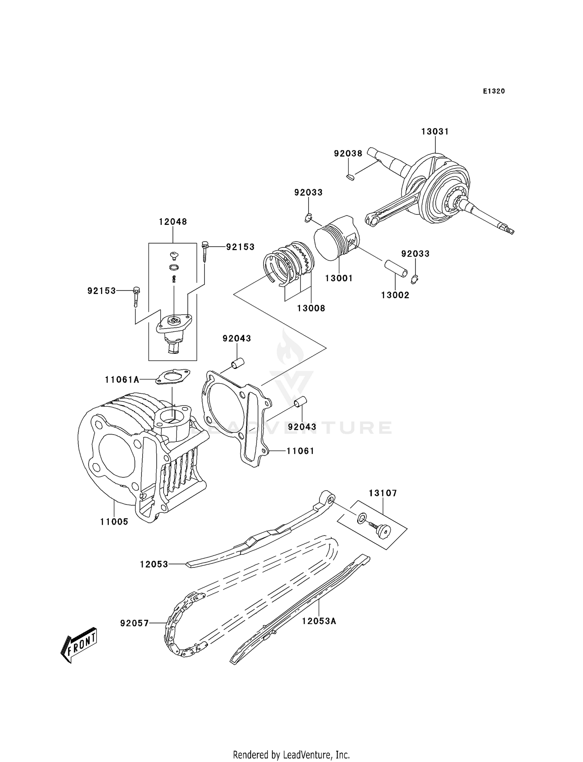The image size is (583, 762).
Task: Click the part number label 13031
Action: (435, 132)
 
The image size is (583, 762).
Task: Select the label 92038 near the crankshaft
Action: (348, 153)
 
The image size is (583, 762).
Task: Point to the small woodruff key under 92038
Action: (349, 177)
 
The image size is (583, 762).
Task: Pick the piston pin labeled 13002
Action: (396, 268)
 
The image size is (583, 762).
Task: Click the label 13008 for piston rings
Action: (311, 308)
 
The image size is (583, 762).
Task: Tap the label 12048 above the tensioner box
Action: (173, 222)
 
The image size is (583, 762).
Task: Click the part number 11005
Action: (114, 522)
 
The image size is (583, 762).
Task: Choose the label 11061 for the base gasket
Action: (300, 451)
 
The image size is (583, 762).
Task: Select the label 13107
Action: (383, 493)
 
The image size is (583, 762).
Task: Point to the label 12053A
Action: (319, 621)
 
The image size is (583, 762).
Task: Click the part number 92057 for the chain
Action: (134, 623)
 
